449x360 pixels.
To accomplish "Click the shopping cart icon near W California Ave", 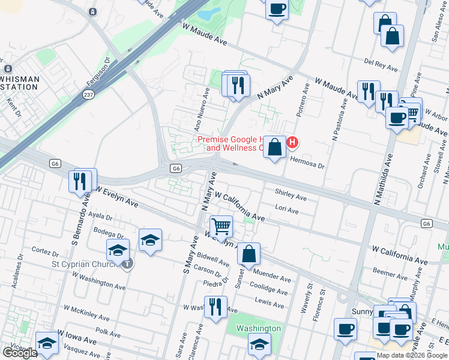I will pyautogui.click(x=221, y=226).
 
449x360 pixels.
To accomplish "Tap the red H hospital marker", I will pyautogui.click(x=292, y=142).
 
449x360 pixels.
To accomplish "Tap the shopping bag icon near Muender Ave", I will pyautogui.click(x=249, y=254).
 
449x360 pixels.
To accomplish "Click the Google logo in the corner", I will pyautogui.click(x=20, y=353).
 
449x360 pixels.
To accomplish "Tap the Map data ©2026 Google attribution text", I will pyautogui.click(x=412, y=355).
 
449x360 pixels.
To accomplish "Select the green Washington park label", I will pyautogui.click(x=258, y=328).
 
